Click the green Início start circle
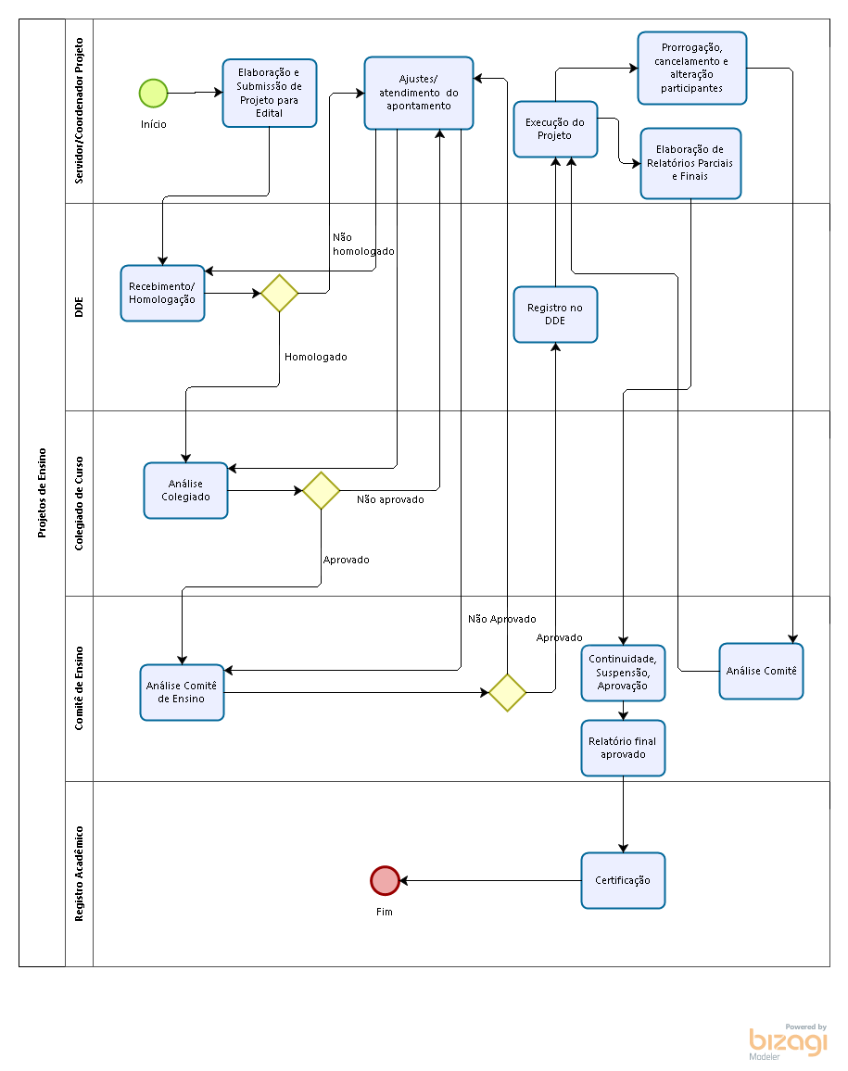(153, 94)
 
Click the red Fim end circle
(385, 880)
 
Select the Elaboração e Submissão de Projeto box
(269, 93)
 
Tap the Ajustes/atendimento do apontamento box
(419, 93)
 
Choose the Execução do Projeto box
(555, 129)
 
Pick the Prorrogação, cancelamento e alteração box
(692, 69)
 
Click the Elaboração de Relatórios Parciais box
(690, 163)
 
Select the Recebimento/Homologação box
(162, 293)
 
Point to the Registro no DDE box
(555, 314)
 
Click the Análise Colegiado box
(186, 490)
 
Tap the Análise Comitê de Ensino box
(182, 693)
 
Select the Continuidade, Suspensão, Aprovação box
(623, 673)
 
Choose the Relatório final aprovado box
(623, 748)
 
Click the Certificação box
(623, 880)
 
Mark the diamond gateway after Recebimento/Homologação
(280, 293)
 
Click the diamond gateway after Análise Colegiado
(322, 490)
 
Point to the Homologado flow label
(316, 357)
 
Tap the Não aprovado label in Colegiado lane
(390, 499)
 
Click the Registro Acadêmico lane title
(80, 874)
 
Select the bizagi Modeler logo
(788, 1041)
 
